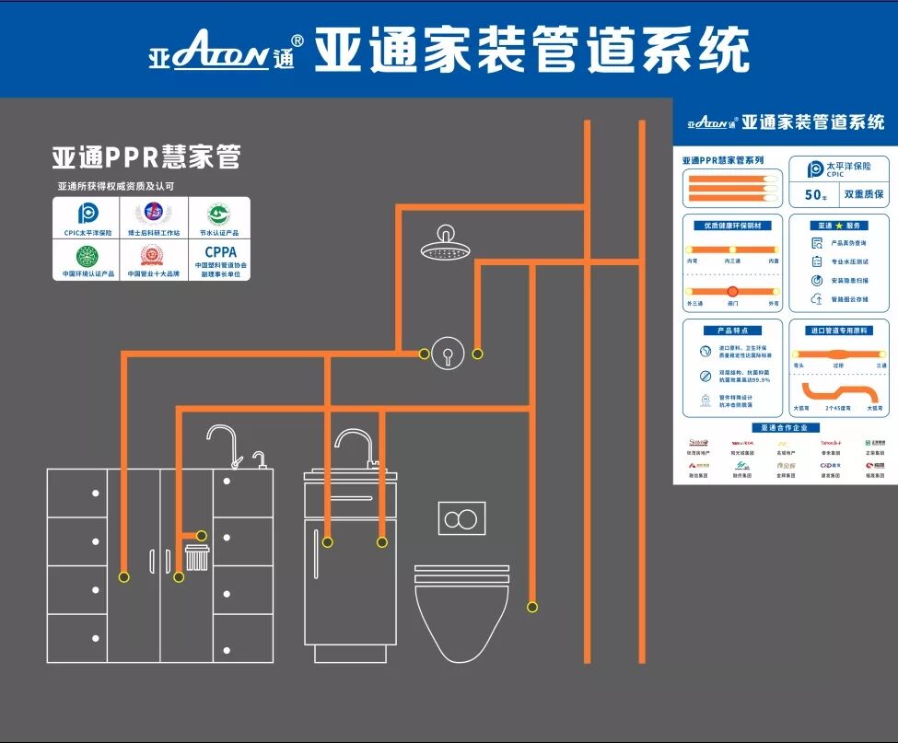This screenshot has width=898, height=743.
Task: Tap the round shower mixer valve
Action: [x=448, y=353]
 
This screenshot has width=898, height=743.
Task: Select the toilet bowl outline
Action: [x=461, y=612]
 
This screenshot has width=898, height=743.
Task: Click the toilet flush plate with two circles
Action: [x=461, y=518]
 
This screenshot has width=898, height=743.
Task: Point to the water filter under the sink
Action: [x=197, y=557]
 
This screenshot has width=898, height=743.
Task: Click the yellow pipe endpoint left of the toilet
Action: [x=531, y=607]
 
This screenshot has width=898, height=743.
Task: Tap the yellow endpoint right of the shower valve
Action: [x=477, y=354]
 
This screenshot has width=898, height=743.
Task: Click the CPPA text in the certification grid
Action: [x=220, y=251]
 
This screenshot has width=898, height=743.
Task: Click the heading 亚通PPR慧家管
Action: [x=146, y=157]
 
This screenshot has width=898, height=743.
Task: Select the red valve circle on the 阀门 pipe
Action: [x=733, y=291]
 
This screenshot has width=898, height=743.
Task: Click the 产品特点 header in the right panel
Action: [x=732, y=330]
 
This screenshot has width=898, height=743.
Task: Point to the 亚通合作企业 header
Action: [x=785, y=428]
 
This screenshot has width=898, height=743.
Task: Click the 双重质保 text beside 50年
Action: [x=863, y=195]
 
